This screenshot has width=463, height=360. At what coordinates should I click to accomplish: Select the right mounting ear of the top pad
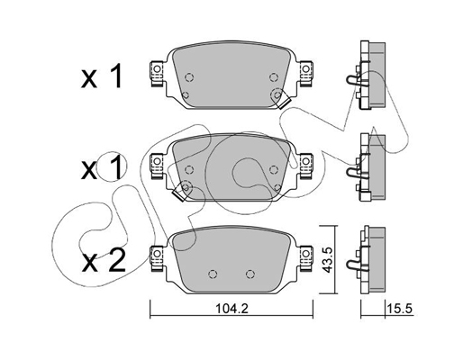(x=307, y=68)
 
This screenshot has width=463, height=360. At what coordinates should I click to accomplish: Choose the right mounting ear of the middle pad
(x=307, y=162)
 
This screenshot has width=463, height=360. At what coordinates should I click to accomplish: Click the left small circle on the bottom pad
(x=213, y=274)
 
